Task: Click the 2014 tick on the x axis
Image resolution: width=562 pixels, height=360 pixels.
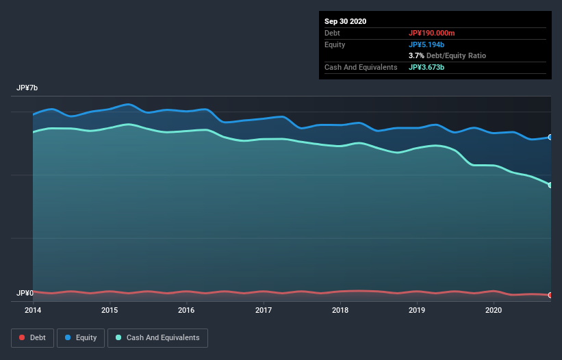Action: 33,310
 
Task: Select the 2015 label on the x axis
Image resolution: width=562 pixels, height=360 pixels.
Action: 110,310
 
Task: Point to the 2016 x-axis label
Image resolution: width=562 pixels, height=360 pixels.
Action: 186,310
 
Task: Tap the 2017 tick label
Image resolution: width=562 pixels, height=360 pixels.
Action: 264,310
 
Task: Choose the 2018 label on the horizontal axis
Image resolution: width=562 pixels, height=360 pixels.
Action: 340,310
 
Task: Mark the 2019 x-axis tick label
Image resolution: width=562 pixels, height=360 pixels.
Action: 417,310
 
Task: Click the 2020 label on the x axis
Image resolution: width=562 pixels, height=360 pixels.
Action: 494,310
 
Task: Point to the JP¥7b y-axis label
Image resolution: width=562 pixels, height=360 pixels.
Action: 27,88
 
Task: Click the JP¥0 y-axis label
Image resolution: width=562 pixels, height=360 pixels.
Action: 25,293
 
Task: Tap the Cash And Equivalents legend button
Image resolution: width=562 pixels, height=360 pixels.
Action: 157,337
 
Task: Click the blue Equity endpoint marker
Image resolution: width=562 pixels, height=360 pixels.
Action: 550,137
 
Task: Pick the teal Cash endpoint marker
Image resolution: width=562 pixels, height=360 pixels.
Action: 550,185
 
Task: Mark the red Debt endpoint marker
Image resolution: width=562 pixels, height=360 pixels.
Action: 550,295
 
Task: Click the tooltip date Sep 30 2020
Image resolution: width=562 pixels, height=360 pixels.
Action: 346,21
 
